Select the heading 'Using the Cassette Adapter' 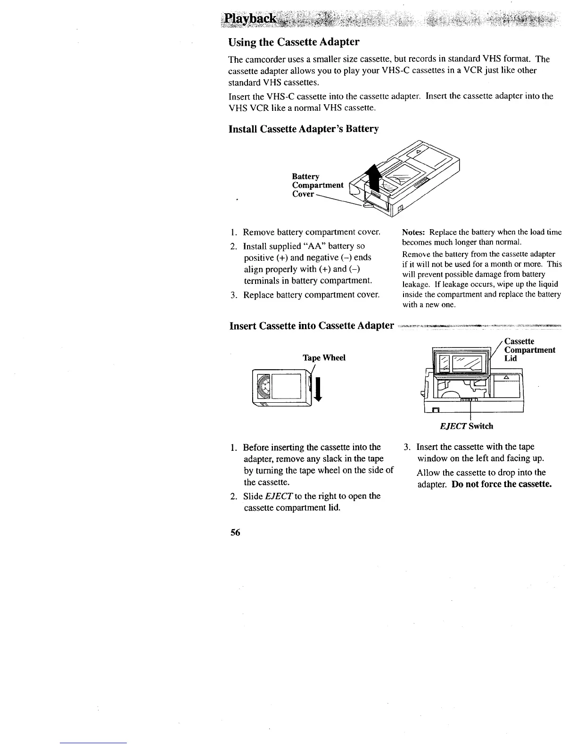(x=294, y=42)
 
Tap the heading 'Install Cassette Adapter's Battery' (x=304, y=129)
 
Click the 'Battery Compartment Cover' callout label (x=317, y=184)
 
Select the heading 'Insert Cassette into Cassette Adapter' (x=311, y=326)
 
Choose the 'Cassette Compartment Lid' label (x=529, y=349)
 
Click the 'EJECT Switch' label (x=466, y=426)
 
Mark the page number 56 (x=234, y=532)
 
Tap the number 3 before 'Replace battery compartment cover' (x=233, y=295)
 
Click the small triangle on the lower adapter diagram (x=506, y=377)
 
